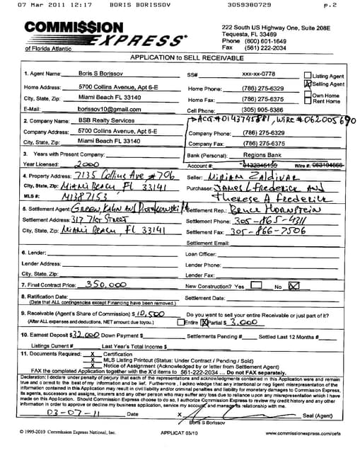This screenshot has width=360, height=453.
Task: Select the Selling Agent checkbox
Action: pos(308,84)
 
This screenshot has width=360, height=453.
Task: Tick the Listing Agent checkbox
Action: pos(308,75)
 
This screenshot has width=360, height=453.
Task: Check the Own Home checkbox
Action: pos(308,94)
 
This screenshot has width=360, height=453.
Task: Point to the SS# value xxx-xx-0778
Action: pos(258,74)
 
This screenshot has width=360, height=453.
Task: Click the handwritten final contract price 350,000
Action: pos(106,284)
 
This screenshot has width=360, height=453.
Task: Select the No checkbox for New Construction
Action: pos(294,285)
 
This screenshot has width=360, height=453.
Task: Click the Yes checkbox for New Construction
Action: pos(257,285)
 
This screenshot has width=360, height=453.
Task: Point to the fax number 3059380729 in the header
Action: pos(250,5)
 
